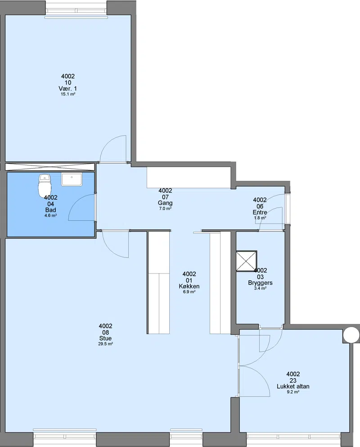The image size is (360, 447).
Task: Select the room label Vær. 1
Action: pyautogui.click(x=67, y=89)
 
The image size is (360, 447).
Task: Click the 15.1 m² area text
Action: pyautogui.click(x=68, y=94)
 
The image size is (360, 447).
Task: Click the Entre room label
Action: pyautogui.click(x=260, y=212)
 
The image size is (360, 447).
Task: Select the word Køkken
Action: pyautogui.click(x=189, y=286)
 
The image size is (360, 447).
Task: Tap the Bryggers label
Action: pyautogui.click(x=260, y=283)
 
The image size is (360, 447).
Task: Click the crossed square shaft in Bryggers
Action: pyautogui.click(x=247, y=261)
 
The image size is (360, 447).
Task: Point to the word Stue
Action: pyautogui.click(x=105, y=338)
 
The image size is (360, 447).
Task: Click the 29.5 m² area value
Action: pyautogui.click(x=105, y=344)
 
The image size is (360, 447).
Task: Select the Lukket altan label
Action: pyautogui.click(x=293, y=387)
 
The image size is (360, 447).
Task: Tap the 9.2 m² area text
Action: pyautogui.click(x=293, y=392)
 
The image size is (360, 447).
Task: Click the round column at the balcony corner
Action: pyautogui.click(x=351, y=335)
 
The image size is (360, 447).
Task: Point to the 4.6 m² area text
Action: pyautogui.click(x=50, y=215)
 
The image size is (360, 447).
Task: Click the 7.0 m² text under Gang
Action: pyautogui.click(x=165, y=208)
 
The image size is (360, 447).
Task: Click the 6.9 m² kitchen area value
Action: pyautogui.click(x=189, y=292)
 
